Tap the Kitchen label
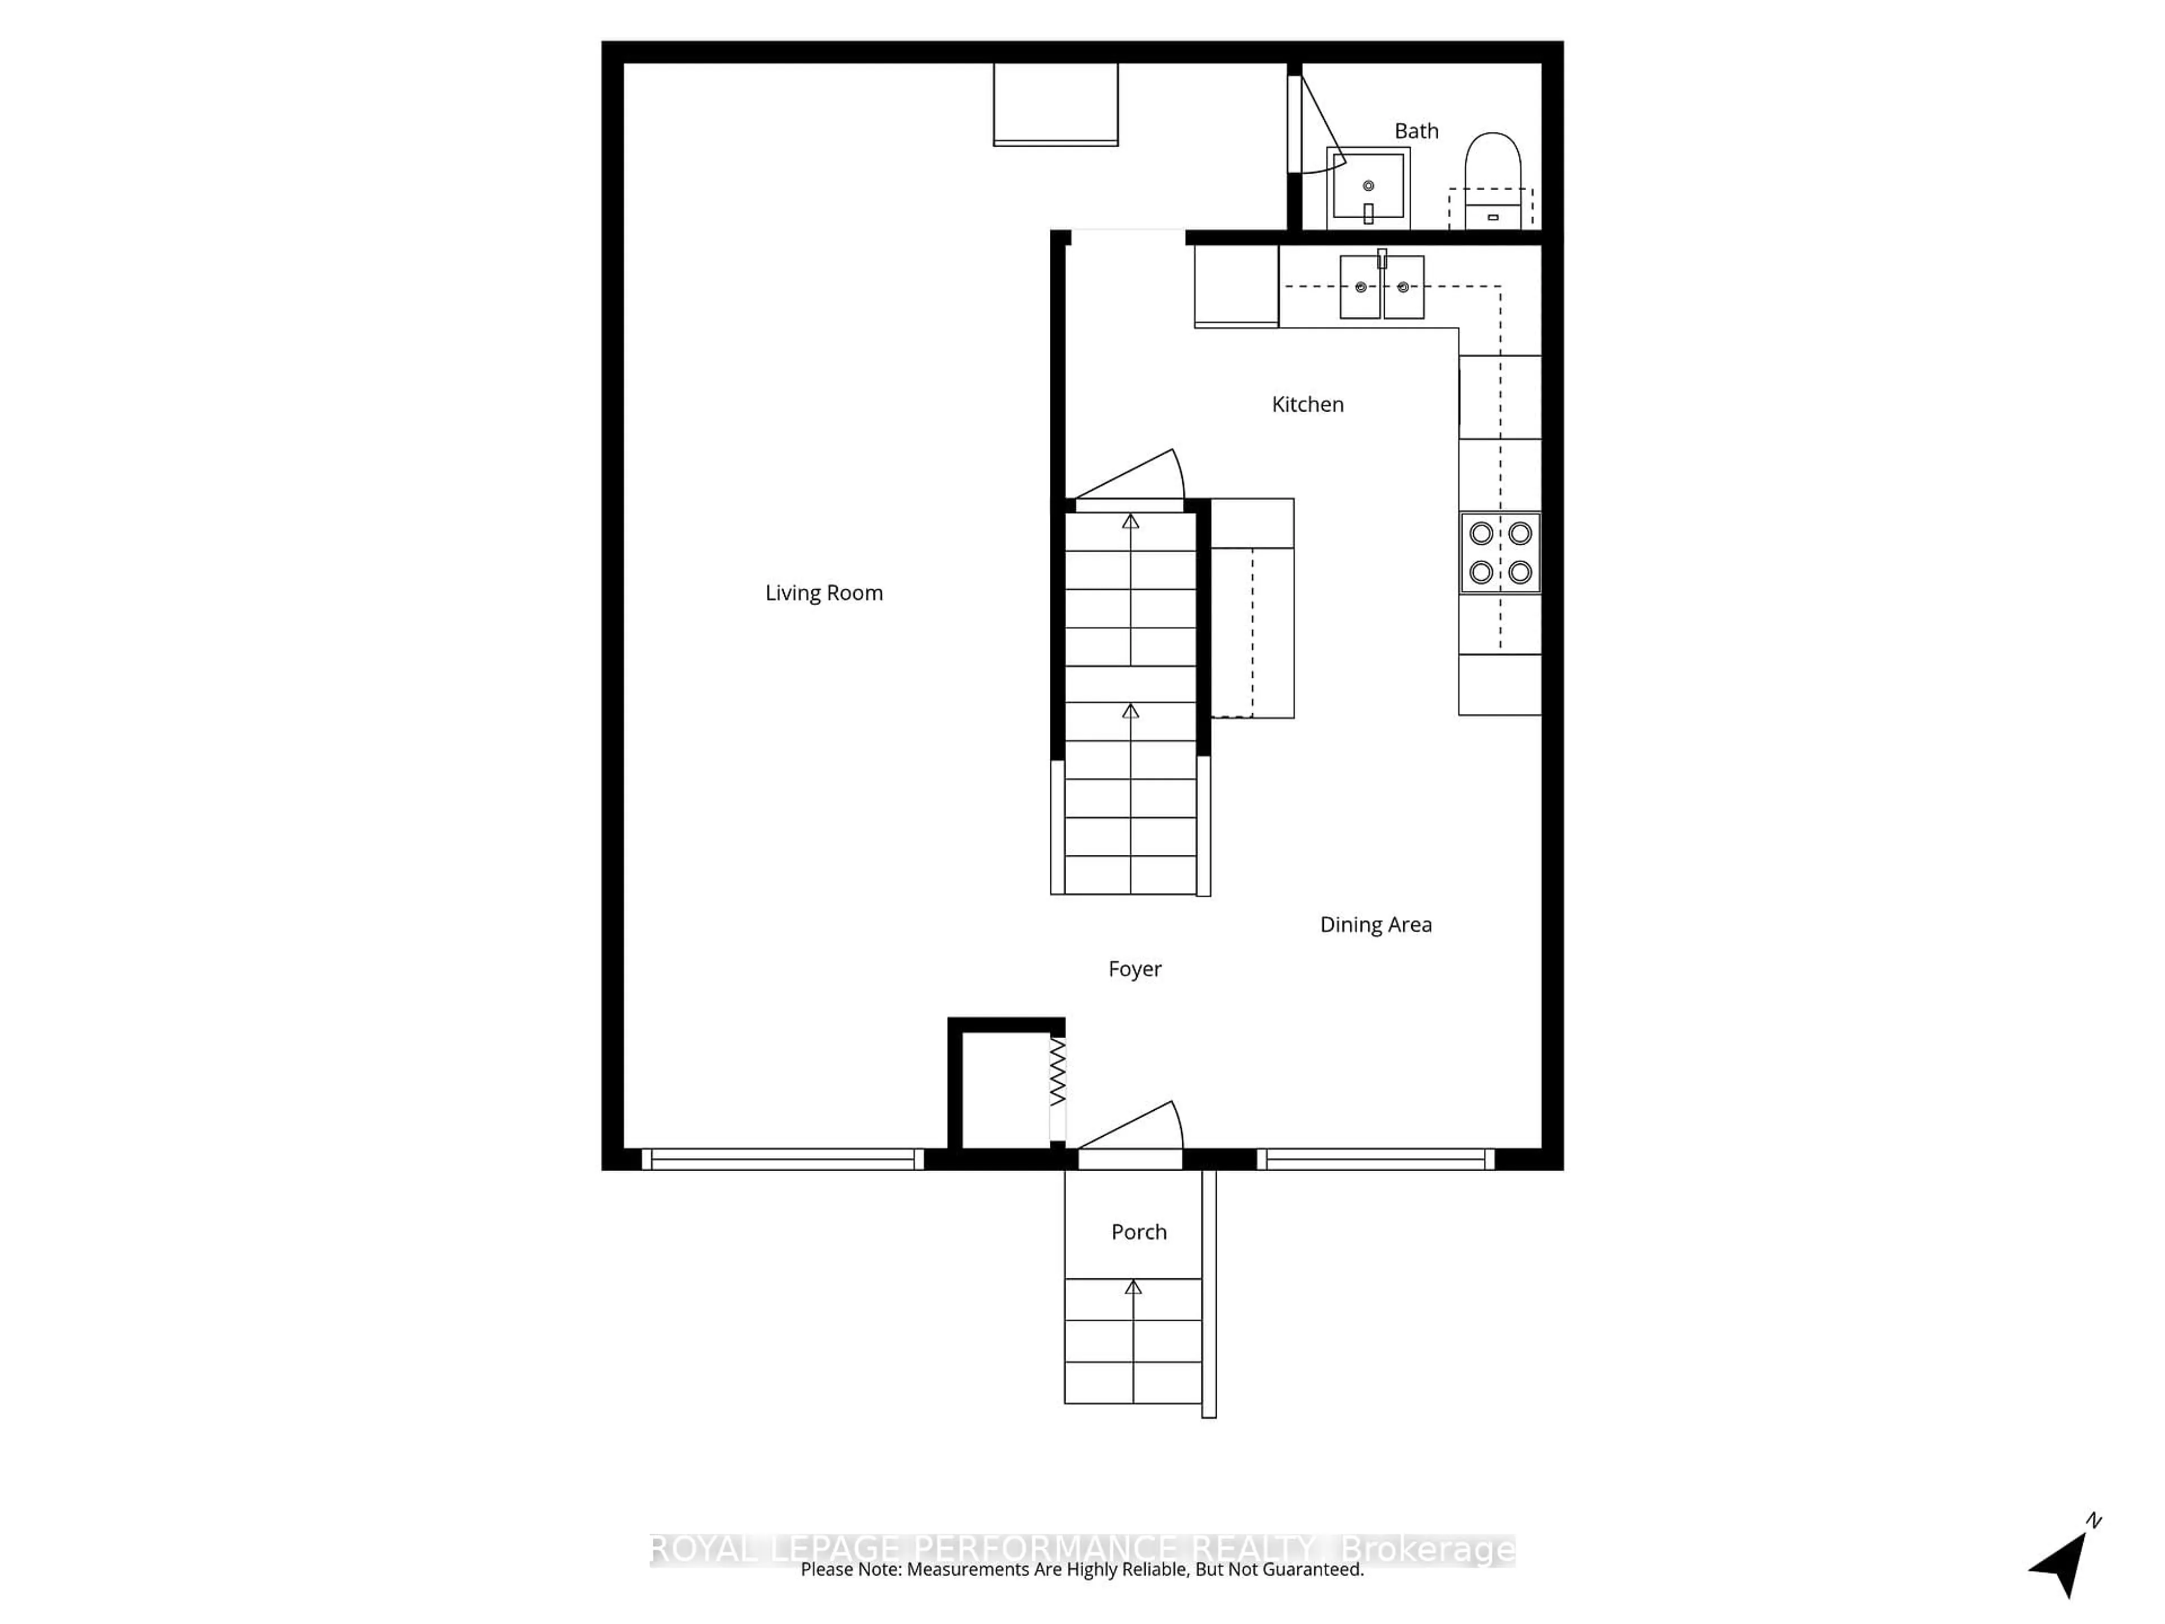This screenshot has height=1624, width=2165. [x=1307, y=404]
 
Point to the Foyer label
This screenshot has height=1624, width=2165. [x=1134, y=968]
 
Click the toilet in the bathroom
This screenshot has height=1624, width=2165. [x=1492, y=181]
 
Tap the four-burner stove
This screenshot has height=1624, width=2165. [x=1500, y=553]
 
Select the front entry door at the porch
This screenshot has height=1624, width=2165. [x=1130, y=1136]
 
